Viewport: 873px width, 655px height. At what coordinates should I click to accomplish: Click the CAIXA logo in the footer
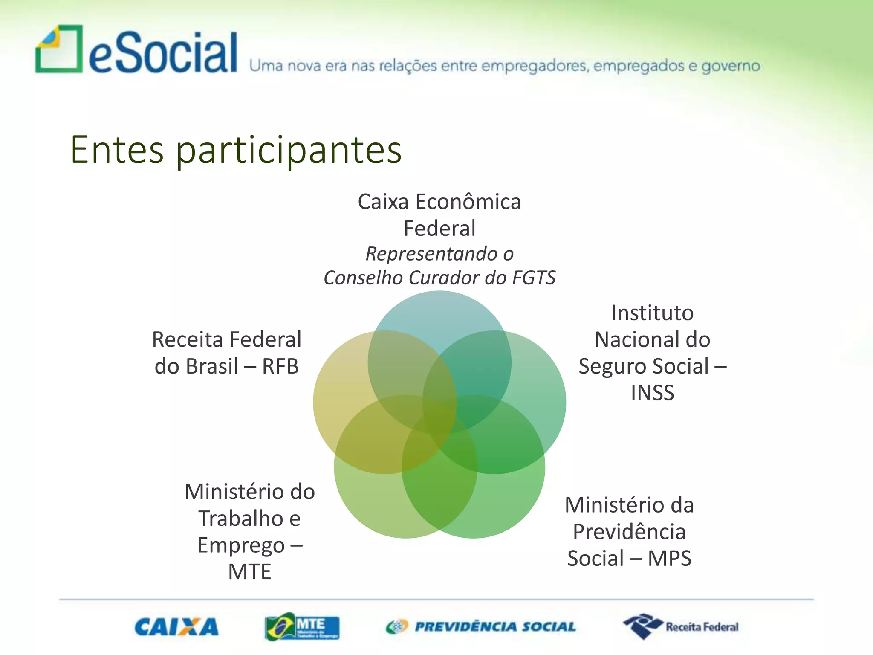tap(176, 627)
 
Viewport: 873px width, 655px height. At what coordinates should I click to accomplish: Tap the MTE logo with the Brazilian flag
tap(302, 627)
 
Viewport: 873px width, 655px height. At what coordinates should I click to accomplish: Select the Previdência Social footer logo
tap(481, 627)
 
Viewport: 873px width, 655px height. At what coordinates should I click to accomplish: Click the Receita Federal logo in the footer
tap(681, 626)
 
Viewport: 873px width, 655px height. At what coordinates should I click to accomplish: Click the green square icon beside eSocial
tap(59, 49)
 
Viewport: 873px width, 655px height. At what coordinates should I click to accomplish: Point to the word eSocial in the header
tap(163, 53)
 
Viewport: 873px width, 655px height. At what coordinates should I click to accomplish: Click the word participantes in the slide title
tap(289, 150)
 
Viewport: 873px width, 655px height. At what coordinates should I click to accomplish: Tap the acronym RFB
tap(280, 366)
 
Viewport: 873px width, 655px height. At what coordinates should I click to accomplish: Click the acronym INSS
tap(653, 393)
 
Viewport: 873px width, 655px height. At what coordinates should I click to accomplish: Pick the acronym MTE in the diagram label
tap(249, 572)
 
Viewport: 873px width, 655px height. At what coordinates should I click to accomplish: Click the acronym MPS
tap(670, 559)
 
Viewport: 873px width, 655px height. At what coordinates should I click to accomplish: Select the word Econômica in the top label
tap(468, 202)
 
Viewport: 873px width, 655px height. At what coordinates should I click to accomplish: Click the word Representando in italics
tap(431, 254)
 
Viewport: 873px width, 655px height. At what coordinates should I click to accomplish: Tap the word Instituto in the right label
tap(652, 313)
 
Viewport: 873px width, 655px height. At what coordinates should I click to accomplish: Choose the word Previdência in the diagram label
tap(629, 532)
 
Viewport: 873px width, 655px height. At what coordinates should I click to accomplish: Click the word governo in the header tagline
tap(731, 66)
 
